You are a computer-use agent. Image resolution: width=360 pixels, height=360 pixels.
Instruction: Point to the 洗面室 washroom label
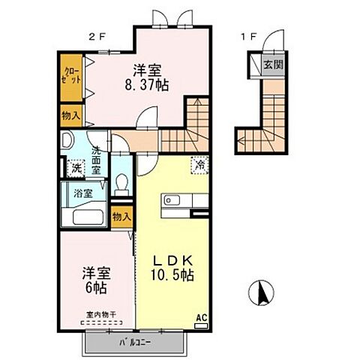[97, 159]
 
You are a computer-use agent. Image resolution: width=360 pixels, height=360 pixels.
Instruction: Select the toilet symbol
[122, 183]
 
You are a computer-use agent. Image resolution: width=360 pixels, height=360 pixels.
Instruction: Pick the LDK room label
[172, 260]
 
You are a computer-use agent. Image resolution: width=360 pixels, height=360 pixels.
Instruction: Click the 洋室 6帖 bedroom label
[95, 280]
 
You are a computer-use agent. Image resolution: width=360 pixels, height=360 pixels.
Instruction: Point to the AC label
[200, 317]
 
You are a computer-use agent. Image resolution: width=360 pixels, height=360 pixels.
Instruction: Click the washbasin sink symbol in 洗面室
[66, 142]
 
